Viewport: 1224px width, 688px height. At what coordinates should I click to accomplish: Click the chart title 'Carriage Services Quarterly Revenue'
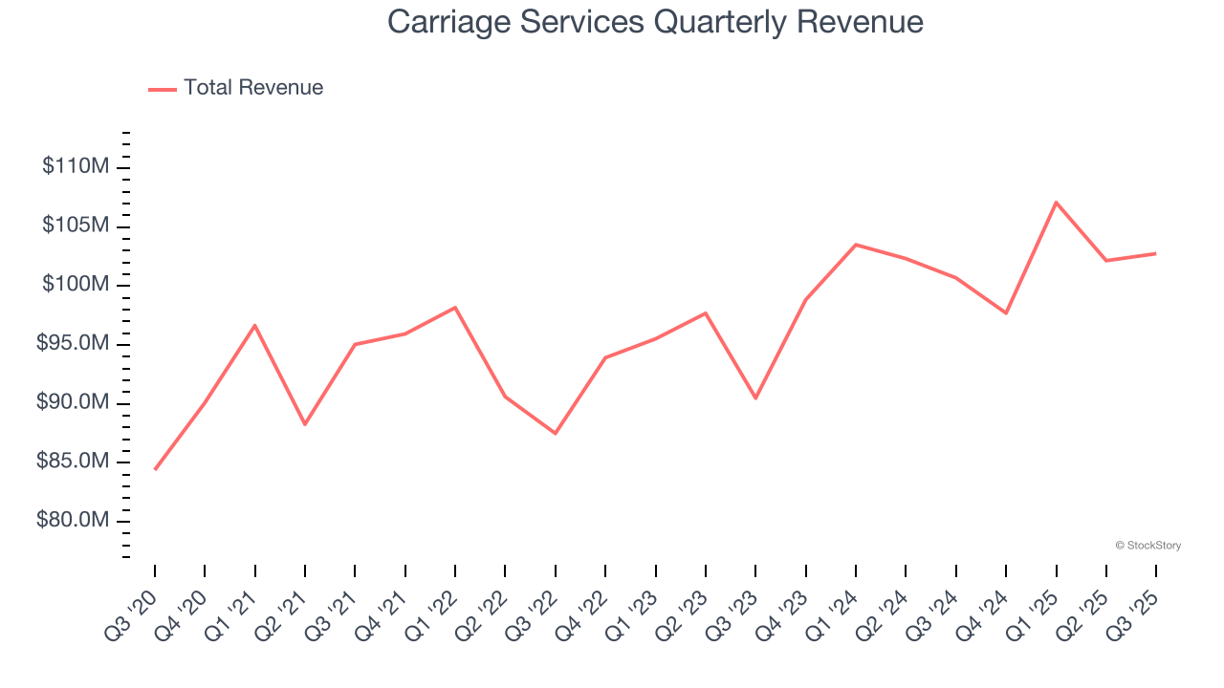pyautogui.click(x=655, y=21)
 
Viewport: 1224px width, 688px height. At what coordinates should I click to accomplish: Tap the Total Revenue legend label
pyautogui.click(x=253, y=88)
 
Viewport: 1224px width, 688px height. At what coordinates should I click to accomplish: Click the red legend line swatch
pyautogui.click(x=163, y=89)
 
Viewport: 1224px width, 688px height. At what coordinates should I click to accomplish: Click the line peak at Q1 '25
pyautogui.click(x=1056, y=202)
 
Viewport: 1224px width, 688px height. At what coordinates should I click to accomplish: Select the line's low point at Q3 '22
pyautogui.click(x=556, y=433)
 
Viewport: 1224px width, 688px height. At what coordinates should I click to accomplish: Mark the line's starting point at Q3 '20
pyautogui.click(x=155, y=469)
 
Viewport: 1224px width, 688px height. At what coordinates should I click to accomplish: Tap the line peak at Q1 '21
pyautogui.click(x=255, y=325)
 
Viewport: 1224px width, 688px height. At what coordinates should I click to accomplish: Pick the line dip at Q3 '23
pyautogui.click(x=755, y=398)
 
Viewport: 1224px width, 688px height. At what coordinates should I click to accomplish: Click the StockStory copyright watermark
pyautogui.click(x=1147, y=546)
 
